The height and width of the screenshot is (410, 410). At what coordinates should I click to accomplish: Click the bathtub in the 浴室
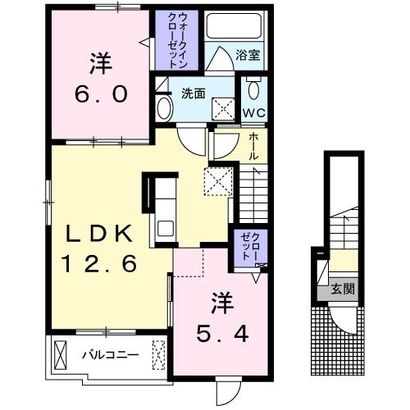[234, 26]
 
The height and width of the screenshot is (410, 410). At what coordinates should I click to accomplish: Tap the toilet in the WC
[253, 88]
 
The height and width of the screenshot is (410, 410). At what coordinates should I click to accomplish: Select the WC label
[254, 112]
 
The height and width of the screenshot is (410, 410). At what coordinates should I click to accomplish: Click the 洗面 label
[194, 93]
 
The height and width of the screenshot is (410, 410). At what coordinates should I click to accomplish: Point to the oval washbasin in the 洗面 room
[165, 108]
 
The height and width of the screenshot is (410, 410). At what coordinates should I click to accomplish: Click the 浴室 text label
[248, 55]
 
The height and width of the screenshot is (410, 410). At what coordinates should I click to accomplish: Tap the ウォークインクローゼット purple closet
[176, 40]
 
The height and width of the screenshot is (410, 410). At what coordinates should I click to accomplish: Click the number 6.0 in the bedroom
[101, 94]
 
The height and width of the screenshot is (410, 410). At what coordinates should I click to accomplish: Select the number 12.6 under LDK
[100, 263]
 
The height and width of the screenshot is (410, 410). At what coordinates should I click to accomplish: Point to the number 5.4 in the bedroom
[222, 334]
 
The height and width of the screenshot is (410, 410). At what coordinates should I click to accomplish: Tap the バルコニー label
[111, 355]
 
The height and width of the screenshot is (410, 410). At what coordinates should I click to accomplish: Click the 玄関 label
[343, 289]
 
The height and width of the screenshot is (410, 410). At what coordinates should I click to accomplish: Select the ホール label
[253, 147]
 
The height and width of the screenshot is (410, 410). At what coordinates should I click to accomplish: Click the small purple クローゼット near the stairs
[250, 248]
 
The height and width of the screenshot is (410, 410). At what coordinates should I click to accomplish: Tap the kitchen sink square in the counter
[166, 228]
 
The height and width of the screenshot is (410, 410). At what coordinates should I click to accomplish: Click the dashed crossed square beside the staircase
[218, 181]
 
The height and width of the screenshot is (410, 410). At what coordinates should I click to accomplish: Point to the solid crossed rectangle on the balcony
[61, 355]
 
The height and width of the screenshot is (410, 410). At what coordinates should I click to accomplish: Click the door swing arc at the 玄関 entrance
[344, 321]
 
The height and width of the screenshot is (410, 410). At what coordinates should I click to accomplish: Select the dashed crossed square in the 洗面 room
[223, 109]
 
